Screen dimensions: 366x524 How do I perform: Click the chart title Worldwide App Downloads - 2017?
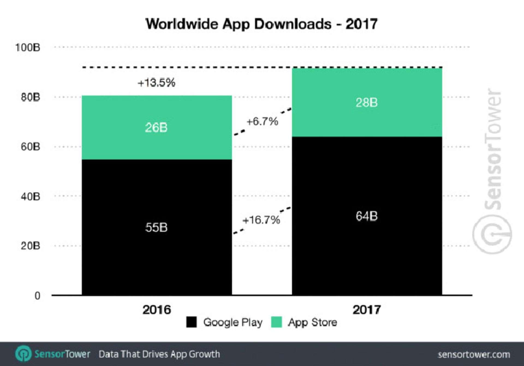261,24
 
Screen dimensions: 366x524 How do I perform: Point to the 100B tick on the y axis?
28,48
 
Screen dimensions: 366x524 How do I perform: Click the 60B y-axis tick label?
30,147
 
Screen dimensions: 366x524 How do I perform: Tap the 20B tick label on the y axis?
30,246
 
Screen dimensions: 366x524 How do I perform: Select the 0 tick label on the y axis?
37,296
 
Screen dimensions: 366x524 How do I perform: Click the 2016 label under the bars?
157,310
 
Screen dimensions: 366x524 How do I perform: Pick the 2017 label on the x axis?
367,310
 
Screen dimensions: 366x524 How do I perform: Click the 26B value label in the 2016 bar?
156,128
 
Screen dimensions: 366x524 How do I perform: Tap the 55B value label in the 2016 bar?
156,227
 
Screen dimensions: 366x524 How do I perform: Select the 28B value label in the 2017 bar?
367,103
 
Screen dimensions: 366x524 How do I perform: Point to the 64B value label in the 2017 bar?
367,216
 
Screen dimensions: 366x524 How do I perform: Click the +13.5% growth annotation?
156,83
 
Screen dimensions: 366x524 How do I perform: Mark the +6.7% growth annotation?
262,121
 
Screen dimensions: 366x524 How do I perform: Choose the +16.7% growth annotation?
261,220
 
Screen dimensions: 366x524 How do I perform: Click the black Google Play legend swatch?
192,322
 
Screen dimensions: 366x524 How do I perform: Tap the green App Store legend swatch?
276,322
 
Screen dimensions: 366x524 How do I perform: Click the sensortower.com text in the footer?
474,355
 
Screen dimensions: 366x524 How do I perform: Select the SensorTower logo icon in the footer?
23,354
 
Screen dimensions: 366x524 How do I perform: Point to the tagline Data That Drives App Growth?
159,354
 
